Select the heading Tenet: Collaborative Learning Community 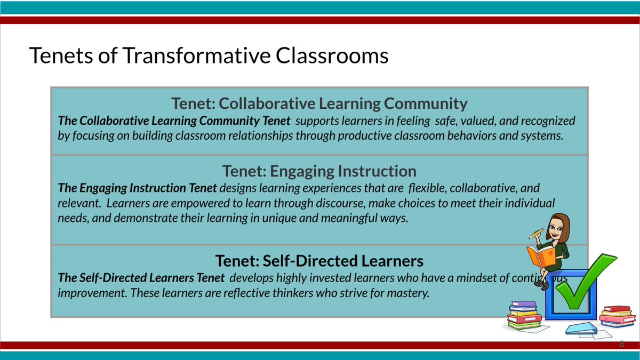pyautogui.click(x=319, y=103)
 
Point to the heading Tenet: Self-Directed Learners pyautogui.click(x=319, y=261)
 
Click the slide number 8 pyautogui.click(x=621, y=345)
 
